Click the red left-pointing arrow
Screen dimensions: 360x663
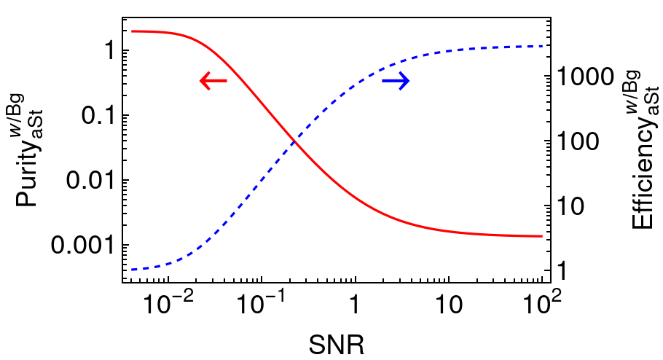[x=213, y=81]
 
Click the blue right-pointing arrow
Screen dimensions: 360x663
[x=396, y=81]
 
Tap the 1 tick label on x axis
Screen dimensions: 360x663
[x=355, y=303]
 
